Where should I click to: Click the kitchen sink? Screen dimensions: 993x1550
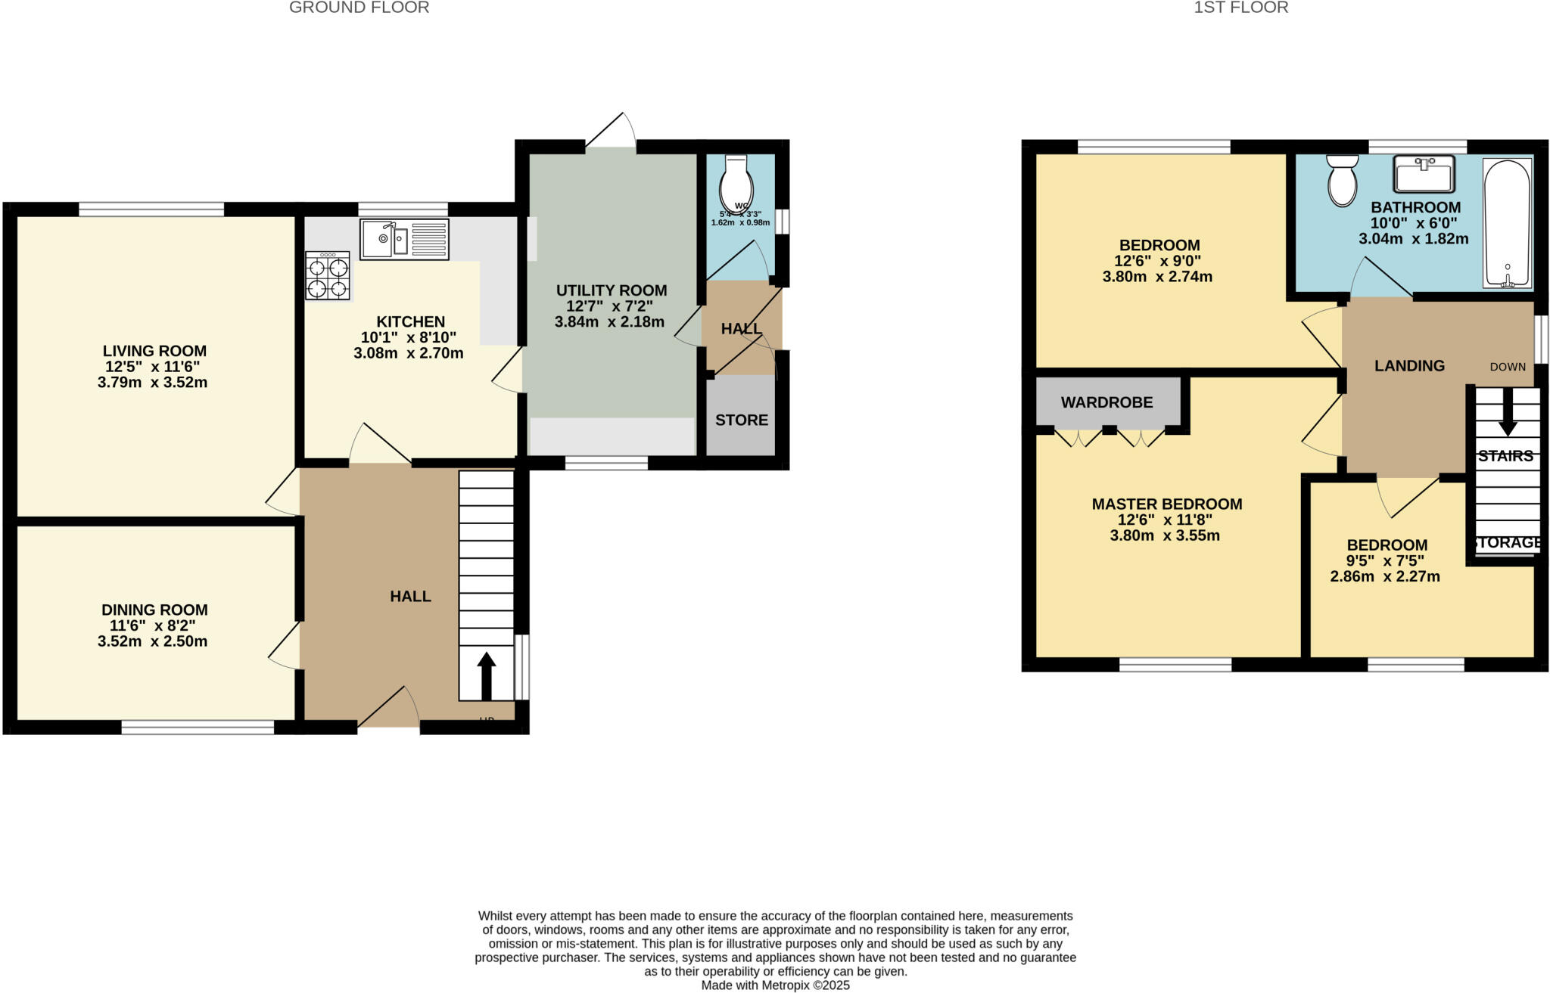pyautogui.click(x=404, y=240)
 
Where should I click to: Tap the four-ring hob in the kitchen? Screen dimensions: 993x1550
pyautogui.click(x=328, y=277)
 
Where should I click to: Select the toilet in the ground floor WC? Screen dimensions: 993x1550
pyautogui.click(x=736, y=182)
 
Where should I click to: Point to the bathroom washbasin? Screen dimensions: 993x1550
pyautogui.click(x=1424, y=174)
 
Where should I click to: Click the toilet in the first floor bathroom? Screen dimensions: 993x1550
pyautogui.click(x=1343, y=181)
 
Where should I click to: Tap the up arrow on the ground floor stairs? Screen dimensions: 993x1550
pyautogui.click(x=486, y=675)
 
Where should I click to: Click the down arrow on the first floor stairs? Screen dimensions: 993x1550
pyautogui.click(x=1508, y=413)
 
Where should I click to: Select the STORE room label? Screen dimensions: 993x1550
pyautogui.click(x=741, y=420)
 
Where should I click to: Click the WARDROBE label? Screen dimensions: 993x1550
pyautogui.click(x=1106, y=402)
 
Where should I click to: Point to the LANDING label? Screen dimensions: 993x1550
pyautogui.click(x=1409, y=366)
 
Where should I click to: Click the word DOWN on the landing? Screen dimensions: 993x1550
pyautogui.click(x=1508, y=367)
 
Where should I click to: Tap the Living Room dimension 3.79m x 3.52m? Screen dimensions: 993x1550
pyautogui.click(x=152, y=383)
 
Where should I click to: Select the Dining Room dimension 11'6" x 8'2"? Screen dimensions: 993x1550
pyautogui.click(x=152, y=625)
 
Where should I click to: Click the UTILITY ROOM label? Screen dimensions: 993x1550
pyautogui.click(x=612, y=290)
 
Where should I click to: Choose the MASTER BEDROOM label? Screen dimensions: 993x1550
pyautogui.click(x=1166, y=504)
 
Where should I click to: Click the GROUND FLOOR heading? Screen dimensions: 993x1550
pyautogui.click(x=359, y=8)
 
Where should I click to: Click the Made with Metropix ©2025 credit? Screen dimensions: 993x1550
pyautogui.click(x=775, y=985)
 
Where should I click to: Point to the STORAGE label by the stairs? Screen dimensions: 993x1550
pyautogui.click(x=1507, y=543)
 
